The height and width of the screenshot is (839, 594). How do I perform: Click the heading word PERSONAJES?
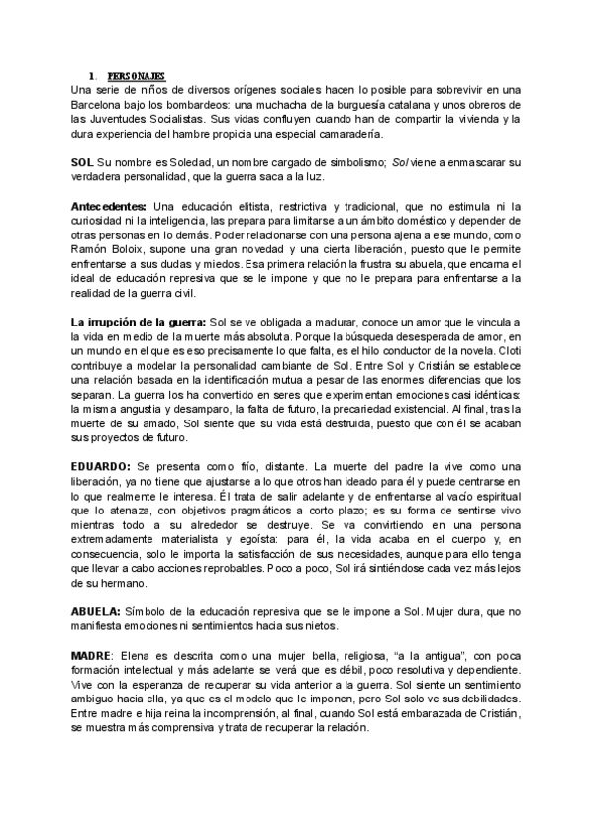click(138, 75)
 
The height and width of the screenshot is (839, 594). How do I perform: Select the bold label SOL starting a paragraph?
click(83, 160)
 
